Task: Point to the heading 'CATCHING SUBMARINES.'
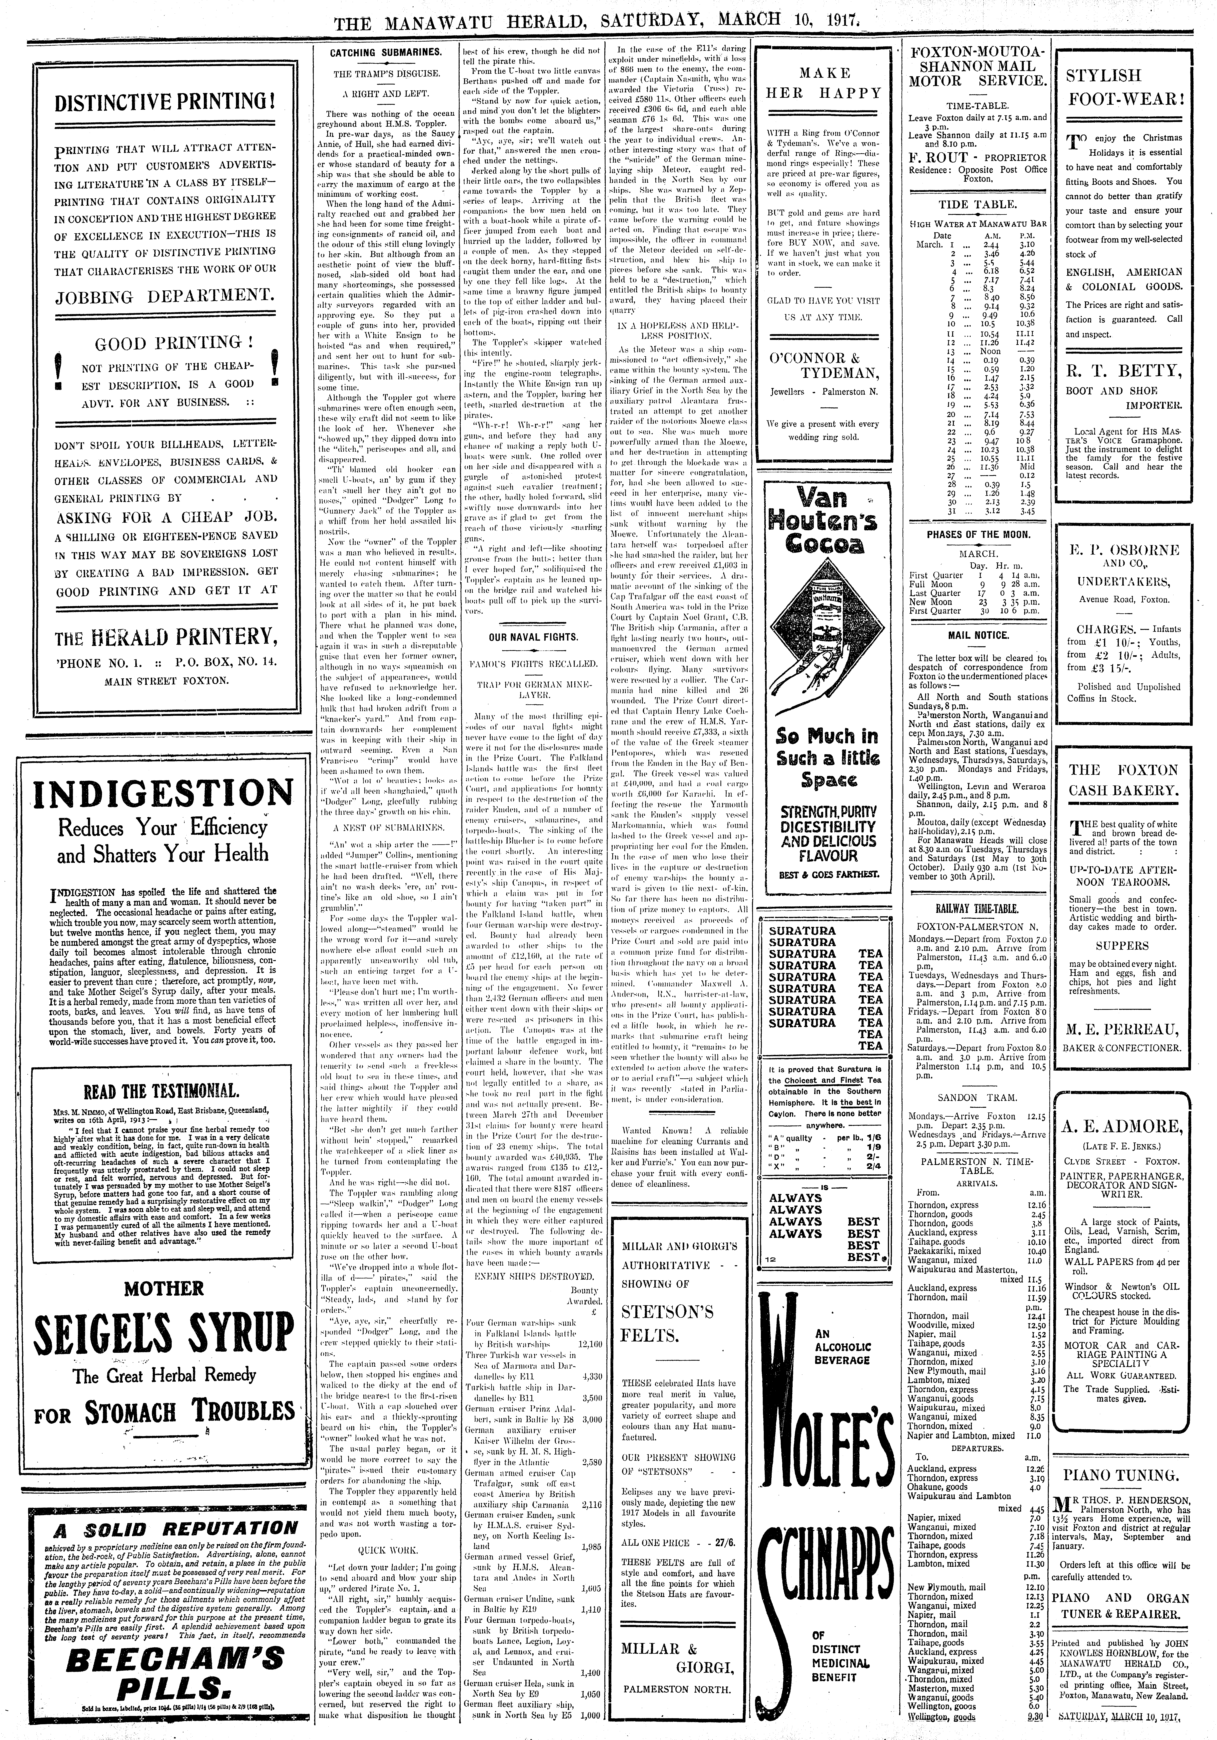[x=385, y=52]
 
